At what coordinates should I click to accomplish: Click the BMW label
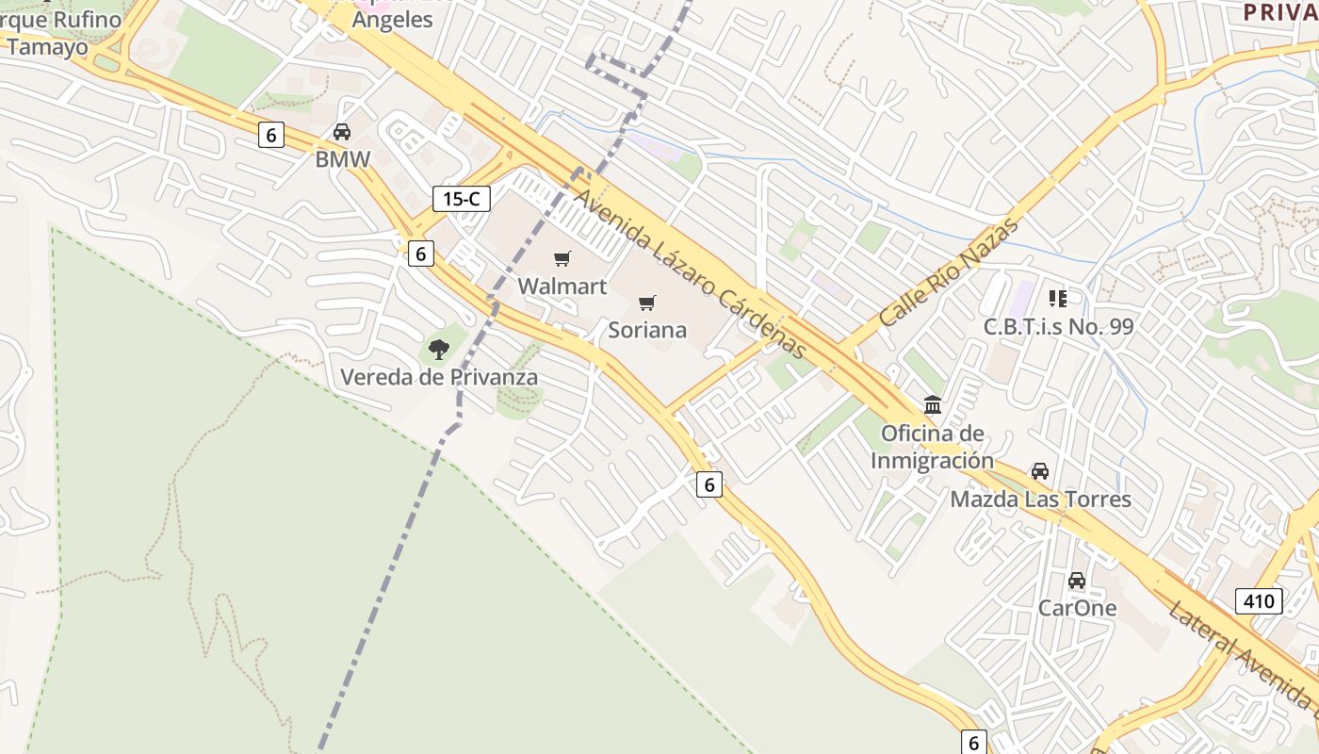tap(343, 159)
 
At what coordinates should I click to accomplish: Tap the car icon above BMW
tap(342, 133)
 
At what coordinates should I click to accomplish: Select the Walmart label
tap(562, 286)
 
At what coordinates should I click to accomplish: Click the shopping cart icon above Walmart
tap(562, 258)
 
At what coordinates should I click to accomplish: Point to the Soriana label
tap(647, 330)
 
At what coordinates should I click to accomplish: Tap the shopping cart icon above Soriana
tap(646, 303)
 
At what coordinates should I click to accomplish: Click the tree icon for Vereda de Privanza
tap(438, 350)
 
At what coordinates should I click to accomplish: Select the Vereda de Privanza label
tap(439, 377)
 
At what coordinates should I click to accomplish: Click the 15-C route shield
tap(462, 198)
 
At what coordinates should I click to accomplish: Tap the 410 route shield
tap(1259, 600)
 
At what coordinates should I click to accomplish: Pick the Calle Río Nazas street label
tap(950, 272)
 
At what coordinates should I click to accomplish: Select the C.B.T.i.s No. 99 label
tap(1059, 326)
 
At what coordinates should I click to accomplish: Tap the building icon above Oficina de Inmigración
tap(933, 405)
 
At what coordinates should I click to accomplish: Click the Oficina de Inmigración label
tap(932, 447)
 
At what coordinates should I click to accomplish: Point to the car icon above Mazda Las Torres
tap(1040, 471)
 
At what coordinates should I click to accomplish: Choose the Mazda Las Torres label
tap(1040, 499)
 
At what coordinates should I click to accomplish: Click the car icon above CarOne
tap(1077, 581)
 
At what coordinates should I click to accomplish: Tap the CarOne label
tap(1077, 608)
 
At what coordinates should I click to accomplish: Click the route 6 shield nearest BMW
tap(271, 135)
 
